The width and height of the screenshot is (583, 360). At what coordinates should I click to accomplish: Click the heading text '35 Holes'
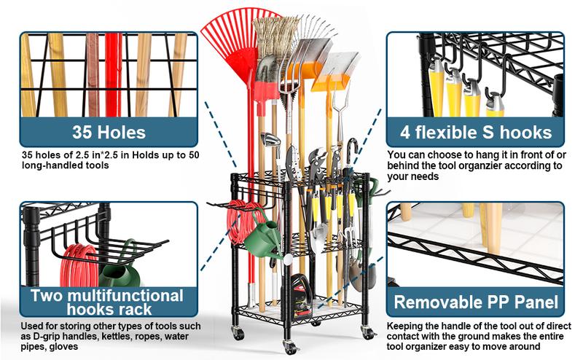(x=109, y=132)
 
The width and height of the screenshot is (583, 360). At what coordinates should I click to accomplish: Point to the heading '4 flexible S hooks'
(x=474, y=132)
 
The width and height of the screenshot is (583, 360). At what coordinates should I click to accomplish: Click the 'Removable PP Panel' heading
(x=474, y=302)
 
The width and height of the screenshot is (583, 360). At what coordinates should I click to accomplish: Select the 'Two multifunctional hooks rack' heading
(x=109, y=302)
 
